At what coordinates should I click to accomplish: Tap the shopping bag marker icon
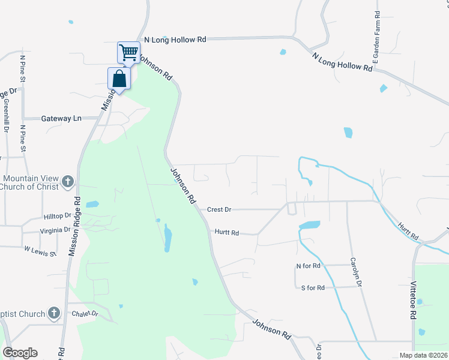coord(119,79)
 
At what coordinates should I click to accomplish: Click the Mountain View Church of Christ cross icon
coord(68,181)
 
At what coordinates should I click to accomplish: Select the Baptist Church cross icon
coord(54,313)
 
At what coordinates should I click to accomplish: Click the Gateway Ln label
coord(61,118)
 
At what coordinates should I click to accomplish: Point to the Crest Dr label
coord(219,209)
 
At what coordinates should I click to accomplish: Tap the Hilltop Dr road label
coord(58,215)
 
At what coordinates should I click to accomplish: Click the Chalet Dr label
coord(85,313)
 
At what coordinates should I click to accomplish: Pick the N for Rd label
coord(309,265)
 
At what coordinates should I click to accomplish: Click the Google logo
coord(20,352)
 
